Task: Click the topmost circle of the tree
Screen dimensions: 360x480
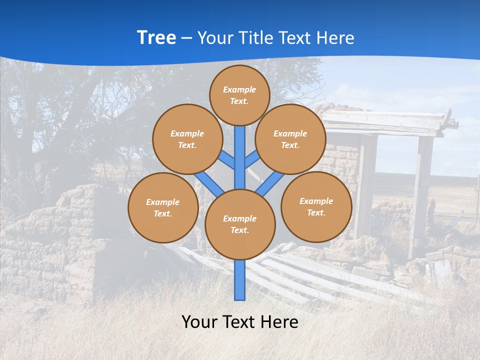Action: click(239, 95)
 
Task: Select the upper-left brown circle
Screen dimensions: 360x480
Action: click(187, 139)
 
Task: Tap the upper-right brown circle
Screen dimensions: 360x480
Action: click(290, 139)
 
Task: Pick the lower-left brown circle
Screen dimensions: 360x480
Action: click(163, 207)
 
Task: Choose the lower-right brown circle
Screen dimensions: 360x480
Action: click(316, 207)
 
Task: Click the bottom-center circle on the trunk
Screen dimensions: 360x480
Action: click(240, 224)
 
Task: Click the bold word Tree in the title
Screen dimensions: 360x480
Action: click(156, 38)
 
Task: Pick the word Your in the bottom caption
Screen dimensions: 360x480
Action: click(200, 321)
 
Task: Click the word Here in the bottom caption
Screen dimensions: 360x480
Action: click(280, 321)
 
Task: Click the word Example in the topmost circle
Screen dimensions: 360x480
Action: click(239, 89)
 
